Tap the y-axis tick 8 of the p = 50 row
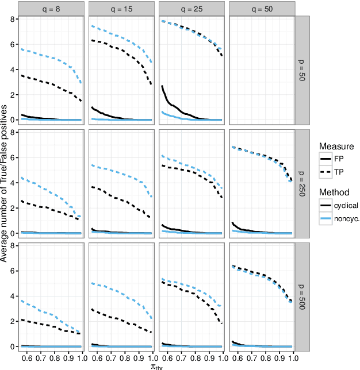click(x=13, y=18)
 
